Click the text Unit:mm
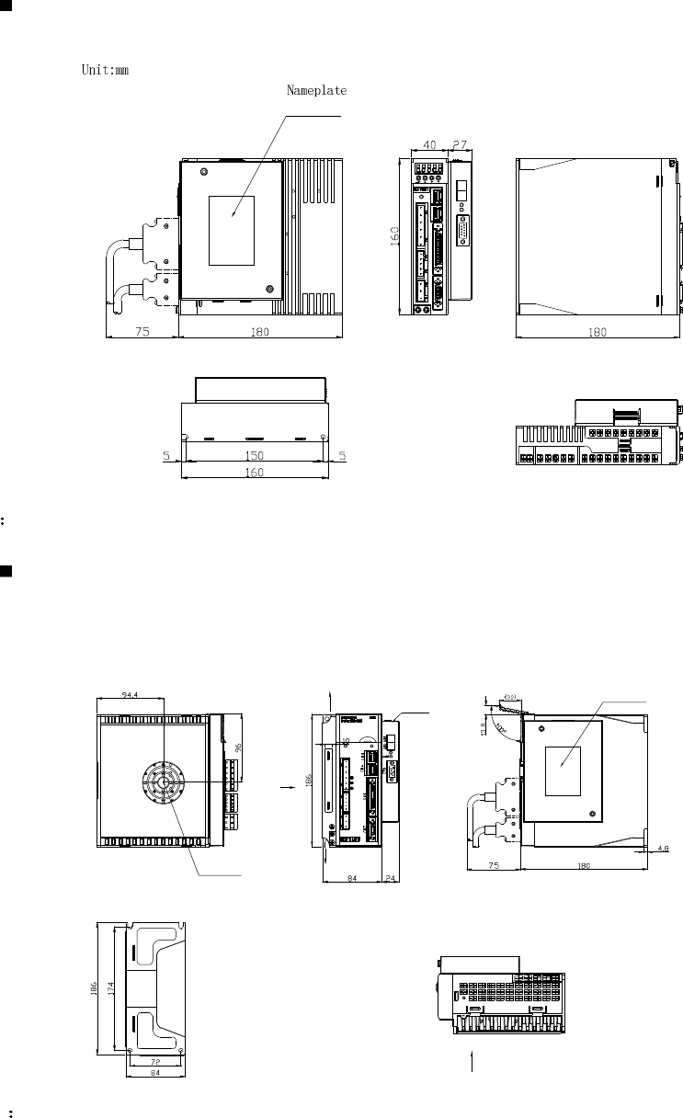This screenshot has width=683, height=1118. click(x=101, y=71)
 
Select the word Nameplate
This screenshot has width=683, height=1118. click(x=316, y=90)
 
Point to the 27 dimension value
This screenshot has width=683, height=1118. click(x=461, y=145)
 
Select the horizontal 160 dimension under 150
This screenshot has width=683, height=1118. click(x=254, y=473)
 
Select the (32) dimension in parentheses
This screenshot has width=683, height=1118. click(x=512, y=698)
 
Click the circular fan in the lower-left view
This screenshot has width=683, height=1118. click(x=162, y=782)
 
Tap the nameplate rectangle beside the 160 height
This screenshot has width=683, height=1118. click(x=232, y=230)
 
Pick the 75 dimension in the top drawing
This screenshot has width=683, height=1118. click(x=142, y=333)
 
